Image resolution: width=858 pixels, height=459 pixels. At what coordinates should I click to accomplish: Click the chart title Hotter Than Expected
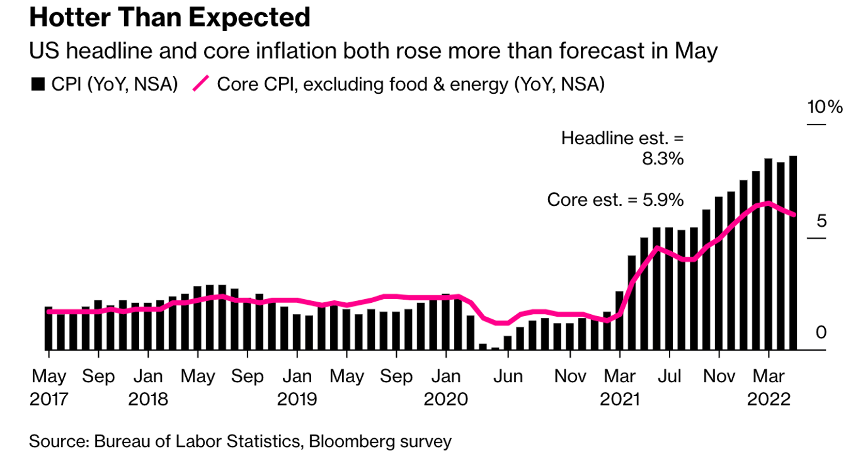point(169,17)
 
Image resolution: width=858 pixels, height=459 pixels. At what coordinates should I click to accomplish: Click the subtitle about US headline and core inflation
point(374,51)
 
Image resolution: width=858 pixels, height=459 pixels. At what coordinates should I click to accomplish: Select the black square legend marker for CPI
point(38,84)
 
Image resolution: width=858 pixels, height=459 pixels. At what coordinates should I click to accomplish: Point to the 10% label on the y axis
point(825,106)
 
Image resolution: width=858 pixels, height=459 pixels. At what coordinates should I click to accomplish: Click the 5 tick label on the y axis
point(821,221)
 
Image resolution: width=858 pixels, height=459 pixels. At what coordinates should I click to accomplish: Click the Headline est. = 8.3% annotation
point(622,148)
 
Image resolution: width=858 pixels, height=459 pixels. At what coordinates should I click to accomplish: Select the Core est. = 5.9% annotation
point(615,200)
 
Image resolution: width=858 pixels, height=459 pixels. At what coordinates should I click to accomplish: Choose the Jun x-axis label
point(508,377)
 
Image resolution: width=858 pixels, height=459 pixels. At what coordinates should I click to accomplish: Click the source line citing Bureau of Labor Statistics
point(240,441)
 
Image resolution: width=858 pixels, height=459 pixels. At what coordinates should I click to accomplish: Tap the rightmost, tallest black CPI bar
point(792,252)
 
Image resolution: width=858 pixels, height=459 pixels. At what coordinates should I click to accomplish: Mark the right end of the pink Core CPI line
point(793,215)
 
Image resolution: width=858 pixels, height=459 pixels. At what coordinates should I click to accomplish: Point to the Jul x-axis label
point(669,377)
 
